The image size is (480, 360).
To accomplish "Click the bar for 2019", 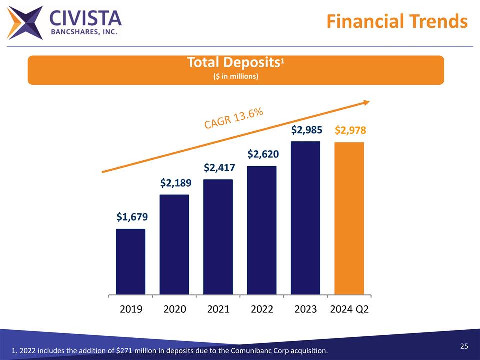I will coord(130,261).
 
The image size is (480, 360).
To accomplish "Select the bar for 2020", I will coord(174,244).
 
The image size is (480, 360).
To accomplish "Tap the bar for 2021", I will coord(218,236).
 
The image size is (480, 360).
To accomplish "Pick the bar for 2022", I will coord(262,230).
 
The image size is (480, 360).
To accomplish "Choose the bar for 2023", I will coord(305,218).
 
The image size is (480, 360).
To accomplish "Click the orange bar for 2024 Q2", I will coord(349,218).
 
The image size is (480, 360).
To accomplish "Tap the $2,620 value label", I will coord(262,154).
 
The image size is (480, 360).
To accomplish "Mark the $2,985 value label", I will coord(306,130).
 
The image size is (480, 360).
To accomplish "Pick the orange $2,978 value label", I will coord(350,130).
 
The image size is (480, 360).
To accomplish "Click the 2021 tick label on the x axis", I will coord(218,309).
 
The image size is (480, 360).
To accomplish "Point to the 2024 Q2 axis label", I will coord(350,309).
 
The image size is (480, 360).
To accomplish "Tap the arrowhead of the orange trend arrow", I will coord(366,102).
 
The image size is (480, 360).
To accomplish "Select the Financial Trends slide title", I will coord(397,21).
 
